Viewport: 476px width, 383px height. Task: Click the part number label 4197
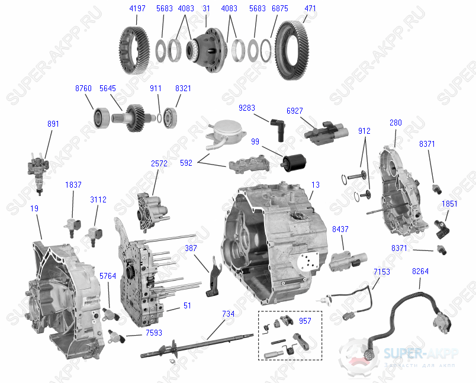pyautogui.click(x=137, y=9)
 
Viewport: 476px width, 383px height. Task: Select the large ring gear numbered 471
pyautogui.click(x=299, y=50)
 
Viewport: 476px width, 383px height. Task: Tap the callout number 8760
pyautogui.click(x=83, y=88)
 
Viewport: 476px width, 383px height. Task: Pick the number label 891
pyautogui.click(x=53, y=124)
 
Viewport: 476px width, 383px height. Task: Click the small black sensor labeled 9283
pyautogui.click(x=276, y=126)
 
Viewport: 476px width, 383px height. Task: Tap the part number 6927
pyautogui.click(x=294, y=111)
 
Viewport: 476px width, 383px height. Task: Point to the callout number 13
pyautogui.click(x=316, y=185)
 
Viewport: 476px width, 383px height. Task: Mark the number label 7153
pyautogui.click(x=382, y=271)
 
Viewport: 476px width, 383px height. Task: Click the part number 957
pyautogui.click(x=305, y=321)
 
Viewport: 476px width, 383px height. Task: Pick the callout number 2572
pyautogui.click(x=159, y=163)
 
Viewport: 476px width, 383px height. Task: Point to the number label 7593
pyautogui.click(x=153, y=333)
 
